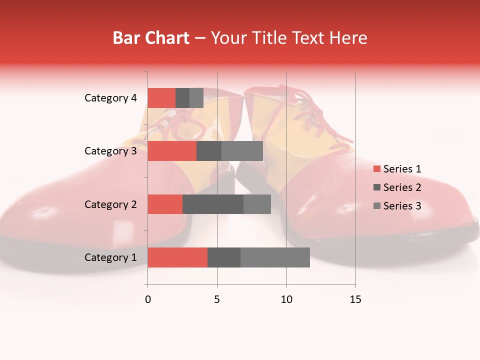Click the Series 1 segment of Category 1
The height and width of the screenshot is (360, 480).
coord(177,257)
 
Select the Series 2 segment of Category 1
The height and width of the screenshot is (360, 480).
coord(224,257)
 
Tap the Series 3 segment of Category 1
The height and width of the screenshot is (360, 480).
coord(275,257)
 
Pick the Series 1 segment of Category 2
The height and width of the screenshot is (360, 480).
coord(165,204)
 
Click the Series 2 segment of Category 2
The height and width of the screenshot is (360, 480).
coord(213,204)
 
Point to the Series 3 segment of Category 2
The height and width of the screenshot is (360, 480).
coord(257,204)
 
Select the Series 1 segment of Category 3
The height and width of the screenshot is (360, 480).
coord(172,151)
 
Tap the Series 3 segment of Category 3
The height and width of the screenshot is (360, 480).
coord(242,151)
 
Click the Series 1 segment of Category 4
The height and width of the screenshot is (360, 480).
coord(161,98)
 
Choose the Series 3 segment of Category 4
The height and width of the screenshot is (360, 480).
coord(196,98)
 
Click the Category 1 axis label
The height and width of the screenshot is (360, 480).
coord(110,257)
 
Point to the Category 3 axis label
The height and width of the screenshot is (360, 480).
coord(110,151)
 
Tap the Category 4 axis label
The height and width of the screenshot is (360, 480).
coord(110,98)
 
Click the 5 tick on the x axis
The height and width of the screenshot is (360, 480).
coord(217,299)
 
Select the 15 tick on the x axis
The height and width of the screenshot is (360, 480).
coord(355,299)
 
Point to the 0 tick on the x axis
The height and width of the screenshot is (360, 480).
coord(148,299)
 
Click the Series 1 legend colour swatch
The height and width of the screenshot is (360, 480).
coord(376,169)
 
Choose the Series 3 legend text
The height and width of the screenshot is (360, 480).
coord(402,206)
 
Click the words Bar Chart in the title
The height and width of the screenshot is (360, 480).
coord(151,37)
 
